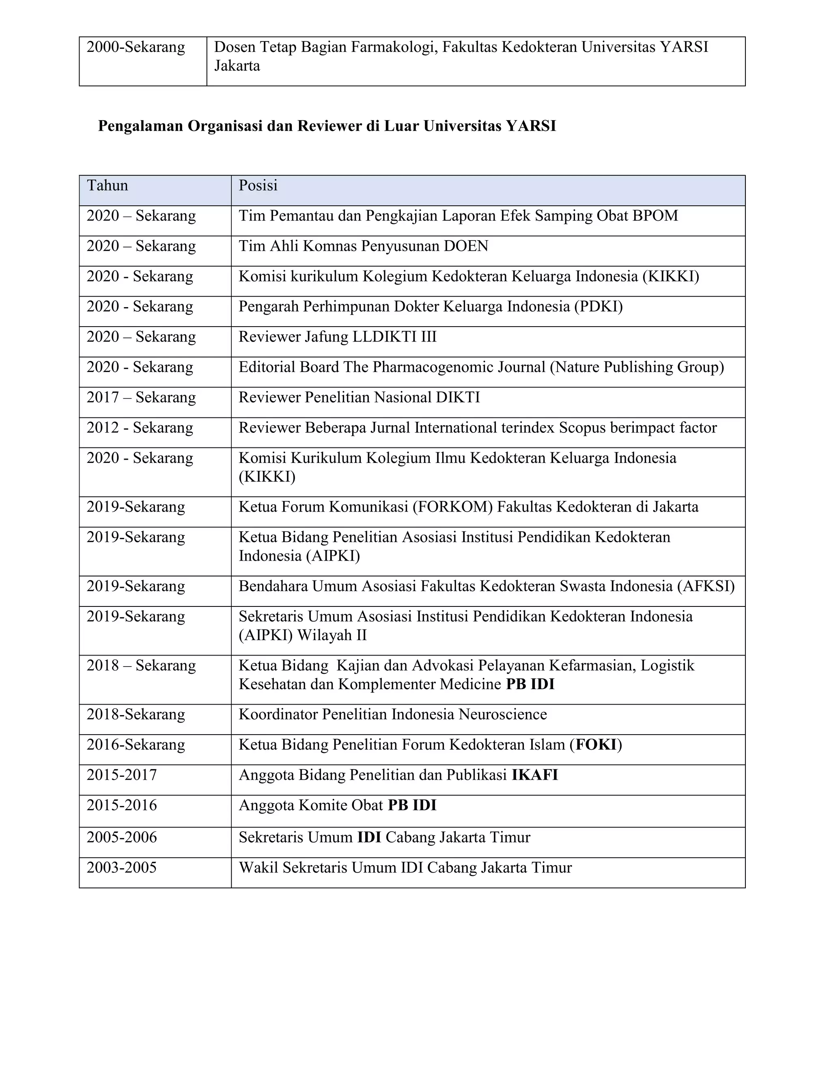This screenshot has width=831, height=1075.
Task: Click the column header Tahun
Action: click(107, 185)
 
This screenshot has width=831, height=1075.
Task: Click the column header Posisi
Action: click(258, 185)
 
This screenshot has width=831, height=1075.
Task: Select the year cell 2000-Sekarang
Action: click(136, 47)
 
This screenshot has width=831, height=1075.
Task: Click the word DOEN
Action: click(466, 246)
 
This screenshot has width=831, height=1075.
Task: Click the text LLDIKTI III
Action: click(395, 337)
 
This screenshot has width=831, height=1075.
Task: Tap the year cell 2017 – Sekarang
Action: click(141, 397)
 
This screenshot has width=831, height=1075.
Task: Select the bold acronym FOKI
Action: click(596, 745)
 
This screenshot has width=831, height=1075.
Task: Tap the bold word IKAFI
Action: click(535, 775)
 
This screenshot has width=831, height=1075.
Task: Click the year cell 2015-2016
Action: click(122, 805)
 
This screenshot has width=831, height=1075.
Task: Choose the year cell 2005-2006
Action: click(122, 837)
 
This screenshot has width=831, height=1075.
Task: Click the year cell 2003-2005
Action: click(122, 867)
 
